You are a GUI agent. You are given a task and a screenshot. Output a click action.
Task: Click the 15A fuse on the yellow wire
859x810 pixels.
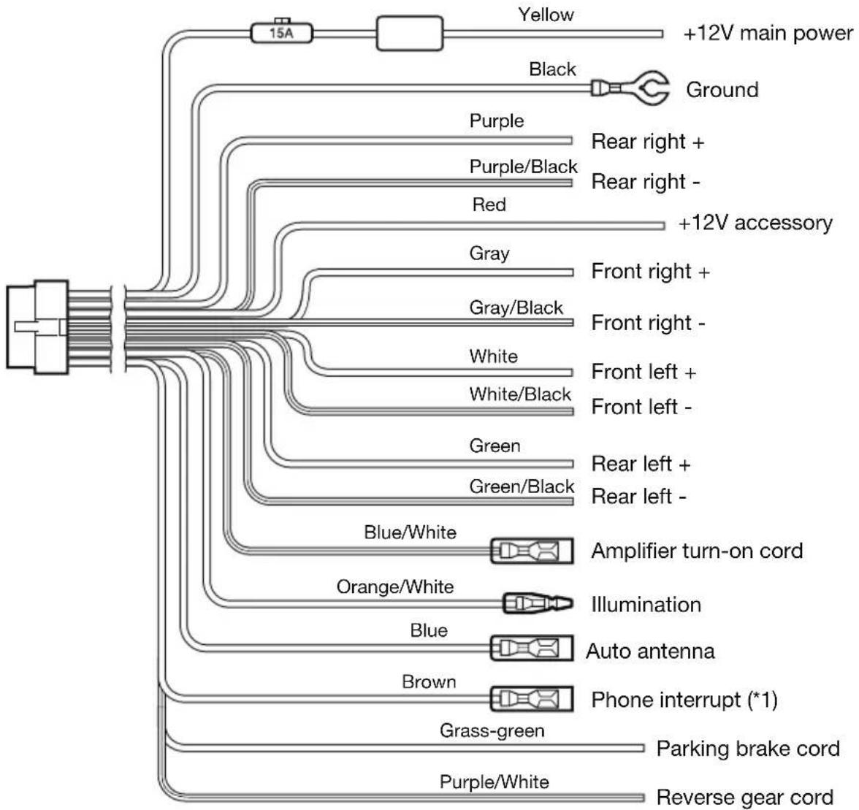[x=282, y=33]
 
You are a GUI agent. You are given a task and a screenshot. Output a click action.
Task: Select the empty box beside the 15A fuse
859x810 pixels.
[x=409, y=34]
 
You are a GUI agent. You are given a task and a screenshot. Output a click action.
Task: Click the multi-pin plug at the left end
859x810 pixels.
[x=37, y=327]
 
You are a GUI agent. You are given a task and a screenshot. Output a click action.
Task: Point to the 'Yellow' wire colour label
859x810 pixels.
[x=546, y=15]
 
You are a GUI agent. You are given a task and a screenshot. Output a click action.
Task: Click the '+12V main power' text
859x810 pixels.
[x=768, y=34]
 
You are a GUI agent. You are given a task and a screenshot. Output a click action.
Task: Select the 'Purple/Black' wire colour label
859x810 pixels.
[x=523, y=167]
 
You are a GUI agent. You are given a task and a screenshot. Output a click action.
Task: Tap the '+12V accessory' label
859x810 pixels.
[x=755, y=223]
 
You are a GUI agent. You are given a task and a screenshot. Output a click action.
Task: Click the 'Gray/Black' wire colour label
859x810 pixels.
[x=516, y=307]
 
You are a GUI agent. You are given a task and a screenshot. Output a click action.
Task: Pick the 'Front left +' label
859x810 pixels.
[x=644, y=372]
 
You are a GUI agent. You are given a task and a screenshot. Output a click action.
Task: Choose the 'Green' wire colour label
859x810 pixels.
[x=495, y=446]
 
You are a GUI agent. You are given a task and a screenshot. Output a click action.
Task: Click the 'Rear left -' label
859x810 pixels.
[x=638, y=496]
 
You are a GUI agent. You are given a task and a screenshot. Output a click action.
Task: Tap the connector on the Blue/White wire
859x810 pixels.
[x=532, y=551]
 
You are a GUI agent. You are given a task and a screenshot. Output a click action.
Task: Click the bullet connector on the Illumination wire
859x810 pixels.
[x=538, y=603]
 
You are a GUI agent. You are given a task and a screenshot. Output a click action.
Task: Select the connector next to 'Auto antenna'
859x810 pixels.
[x=532, y=649]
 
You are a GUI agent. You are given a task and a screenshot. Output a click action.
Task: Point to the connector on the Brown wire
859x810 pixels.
[x=532, y=699]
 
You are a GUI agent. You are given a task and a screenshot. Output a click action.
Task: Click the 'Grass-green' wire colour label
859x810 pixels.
[x=492, y=730]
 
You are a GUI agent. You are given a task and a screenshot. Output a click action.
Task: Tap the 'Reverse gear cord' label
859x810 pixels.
[x=745, y=798]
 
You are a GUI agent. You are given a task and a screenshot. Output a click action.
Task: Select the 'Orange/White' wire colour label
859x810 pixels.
[x=395, y=587]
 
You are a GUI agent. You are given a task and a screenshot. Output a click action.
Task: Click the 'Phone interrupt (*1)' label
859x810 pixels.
[x=684, y=700]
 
